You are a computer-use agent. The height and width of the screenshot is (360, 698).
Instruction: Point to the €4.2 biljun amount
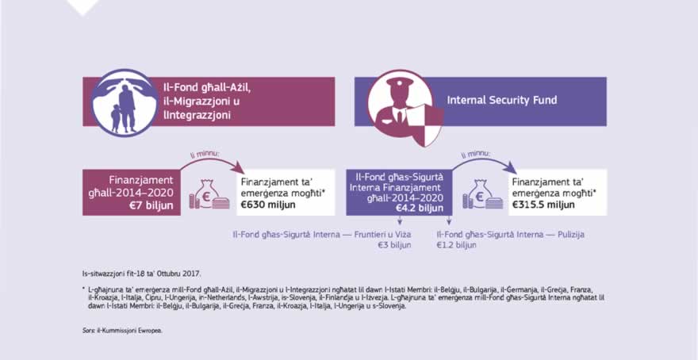[420, 208]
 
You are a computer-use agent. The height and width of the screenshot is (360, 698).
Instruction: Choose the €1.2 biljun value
[457, 246]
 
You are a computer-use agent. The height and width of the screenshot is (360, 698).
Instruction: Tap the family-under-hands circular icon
[121, 103]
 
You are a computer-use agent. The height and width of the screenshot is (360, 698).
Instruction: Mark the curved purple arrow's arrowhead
[511, 167]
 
